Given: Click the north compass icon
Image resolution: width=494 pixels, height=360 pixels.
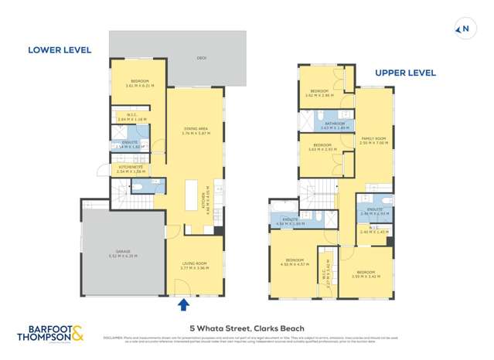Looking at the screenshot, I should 465,30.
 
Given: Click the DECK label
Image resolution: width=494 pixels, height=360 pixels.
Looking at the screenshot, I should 179,57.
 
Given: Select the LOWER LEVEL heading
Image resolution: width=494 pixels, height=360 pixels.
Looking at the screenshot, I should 60,50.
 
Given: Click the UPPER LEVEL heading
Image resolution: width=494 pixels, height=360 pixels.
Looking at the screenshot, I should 405,73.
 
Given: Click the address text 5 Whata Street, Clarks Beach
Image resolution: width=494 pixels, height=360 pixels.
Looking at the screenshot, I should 247,328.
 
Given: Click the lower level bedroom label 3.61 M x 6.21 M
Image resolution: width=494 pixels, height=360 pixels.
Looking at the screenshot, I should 139,83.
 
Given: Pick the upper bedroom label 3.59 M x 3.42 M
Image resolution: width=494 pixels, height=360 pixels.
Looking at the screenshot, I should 366,273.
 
